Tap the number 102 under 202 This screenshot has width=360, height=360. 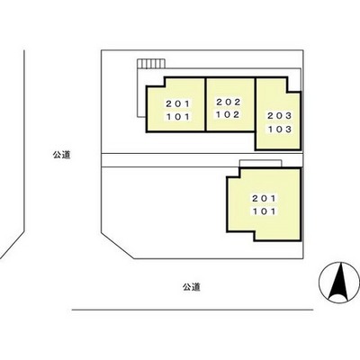229,114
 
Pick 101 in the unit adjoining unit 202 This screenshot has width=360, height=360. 176,117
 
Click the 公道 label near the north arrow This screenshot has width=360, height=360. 189,287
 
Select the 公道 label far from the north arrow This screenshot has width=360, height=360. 60,155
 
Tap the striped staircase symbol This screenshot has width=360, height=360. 151,65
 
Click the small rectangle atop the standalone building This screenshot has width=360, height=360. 260,163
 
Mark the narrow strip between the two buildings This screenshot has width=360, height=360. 198,159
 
